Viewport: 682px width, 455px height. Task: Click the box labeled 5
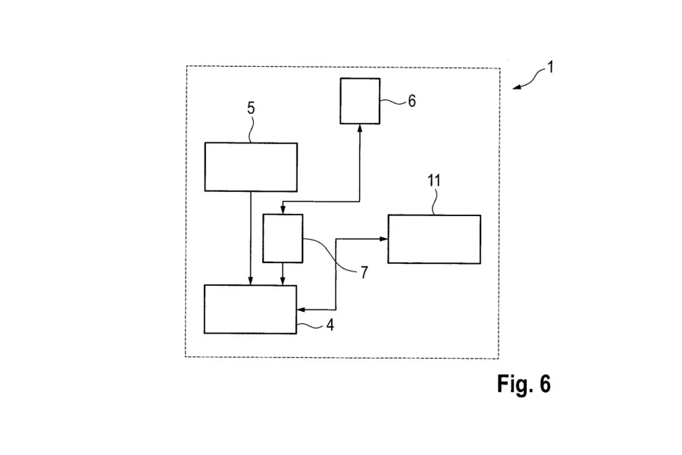click(251, 167)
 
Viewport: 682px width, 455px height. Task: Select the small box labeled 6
click(360, 101)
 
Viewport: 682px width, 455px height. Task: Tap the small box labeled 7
click(283, 238)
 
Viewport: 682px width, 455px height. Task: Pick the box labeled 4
click(251, 309)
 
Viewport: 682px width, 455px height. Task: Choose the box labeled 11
click(434, 239)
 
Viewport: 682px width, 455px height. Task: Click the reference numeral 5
click(251, 108)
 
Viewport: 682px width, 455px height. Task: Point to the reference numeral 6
click(411, 100)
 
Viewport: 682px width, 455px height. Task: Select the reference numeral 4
click(329, 325)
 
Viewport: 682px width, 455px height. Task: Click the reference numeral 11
click(434, 180)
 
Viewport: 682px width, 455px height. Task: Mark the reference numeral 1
click(550, 67)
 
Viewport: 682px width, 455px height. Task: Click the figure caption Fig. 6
click(524, 384)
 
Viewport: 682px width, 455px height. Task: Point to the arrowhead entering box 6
click(360, 128)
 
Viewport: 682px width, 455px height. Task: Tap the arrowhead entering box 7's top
click(283, 210)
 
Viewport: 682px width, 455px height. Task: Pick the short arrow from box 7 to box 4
click(283, 274)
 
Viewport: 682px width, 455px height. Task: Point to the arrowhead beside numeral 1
click(518, 87)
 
